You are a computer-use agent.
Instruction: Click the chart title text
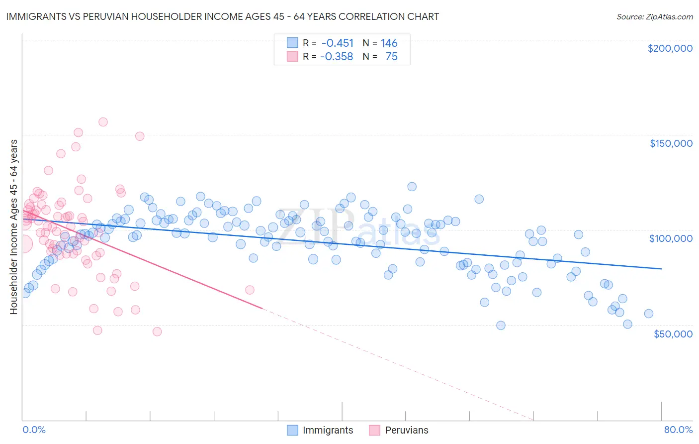click(x=222, y=16)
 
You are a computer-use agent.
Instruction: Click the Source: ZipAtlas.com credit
click(x=654, y=16)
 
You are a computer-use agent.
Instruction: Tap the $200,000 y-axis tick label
click(x=670, y=48)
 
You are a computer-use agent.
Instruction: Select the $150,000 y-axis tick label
click(x=671, y=143)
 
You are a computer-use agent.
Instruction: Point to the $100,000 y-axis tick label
click(x=671, y=238)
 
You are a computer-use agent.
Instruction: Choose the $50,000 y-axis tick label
click(x=673, y=333)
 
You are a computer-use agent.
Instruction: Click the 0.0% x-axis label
click(x=34, y=430)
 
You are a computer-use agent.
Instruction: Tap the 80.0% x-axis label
click(x=678, y=430)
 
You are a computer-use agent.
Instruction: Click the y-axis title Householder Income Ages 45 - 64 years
click(x=14, y=227)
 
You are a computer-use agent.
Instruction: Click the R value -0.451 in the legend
click(x=338, y=43)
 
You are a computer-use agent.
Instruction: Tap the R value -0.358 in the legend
click(x=337, y=57)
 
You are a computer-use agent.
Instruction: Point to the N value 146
click(x=389, y=43)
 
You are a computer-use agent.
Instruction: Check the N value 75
click(x=391, y=57)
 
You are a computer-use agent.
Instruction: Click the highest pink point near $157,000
click(x=103, y=122)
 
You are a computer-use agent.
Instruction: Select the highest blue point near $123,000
click(x=412, y=187)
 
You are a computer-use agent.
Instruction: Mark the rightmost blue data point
click(x=648, y=314)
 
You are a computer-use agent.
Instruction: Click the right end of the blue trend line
click(x=661, y=269)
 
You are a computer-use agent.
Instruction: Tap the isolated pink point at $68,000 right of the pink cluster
click(x=250, y=290)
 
